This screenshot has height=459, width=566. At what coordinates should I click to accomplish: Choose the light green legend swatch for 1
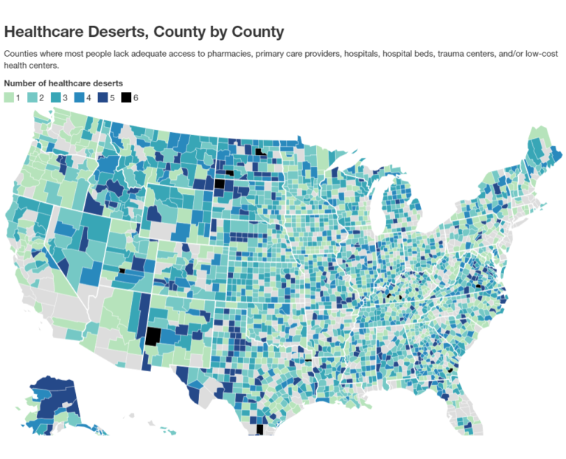pos(10,97)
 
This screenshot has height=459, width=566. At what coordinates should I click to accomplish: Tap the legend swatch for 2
pos(32,97)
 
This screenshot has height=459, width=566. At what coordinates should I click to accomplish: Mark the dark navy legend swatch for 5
pos(102,97)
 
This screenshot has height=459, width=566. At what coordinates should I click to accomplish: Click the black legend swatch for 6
pos(126,97)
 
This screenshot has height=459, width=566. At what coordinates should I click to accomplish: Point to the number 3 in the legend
pos(65,97)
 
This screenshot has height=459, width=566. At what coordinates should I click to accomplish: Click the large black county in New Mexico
pos(153,337)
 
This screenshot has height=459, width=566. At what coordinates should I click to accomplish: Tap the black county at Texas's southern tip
pos(259,429)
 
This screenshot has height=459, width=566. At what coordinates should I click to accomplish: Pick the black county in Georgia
pos(450,370)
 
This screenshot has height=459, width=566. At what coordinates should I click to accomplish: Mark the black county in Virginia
pos(478,285)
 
